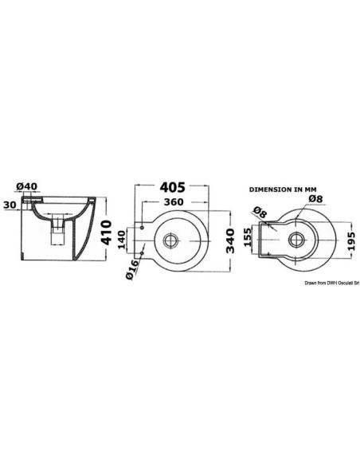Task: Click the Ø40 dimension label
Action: (x=27, y=186)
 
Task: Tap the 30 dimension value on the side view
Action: (x=10, y=205)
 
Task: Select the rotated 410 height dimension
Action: (x=106, y=232)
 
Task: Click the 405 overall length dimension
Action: (x=172, y=187)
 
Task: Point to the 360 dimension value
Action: (x=174, y=201)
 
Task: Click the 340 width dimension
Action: (x=230, y=240)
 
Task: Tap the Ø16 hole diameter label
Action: (x=132, y=269)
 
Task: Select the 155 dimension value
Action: (x=247, y=236)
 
